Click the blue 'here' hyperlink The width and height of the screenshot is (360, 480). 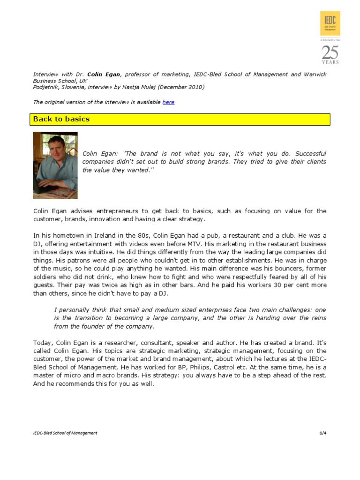click(168, 102)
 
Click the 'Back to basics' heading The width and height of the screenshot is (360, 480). click(61, 119)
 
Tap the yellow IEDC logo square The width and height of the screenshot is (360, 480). click(330, 24)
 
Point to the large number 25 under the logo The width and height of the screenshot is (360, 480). click(330, 52)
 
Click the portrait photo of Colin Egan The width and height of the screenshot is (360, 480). click(55, 165)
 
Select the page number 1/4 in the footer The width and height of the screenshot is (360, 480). click(322, 433)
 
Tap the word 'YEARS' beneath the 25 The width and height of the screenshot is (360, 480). click(330, 62)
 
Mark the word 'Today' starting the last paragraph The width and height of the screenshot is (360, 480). click(43, 342)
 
